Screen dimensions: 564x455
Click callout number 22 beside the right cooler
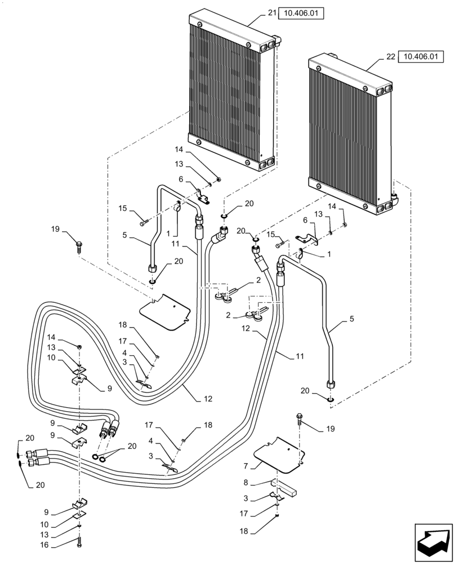[390, 56]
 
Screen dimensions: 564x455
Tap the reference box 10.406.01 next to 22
[420, 56]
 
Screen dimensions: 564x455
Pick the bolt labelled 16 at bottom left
[80, 544]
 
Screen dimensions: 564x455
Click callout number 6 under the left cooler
[181, 179]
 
